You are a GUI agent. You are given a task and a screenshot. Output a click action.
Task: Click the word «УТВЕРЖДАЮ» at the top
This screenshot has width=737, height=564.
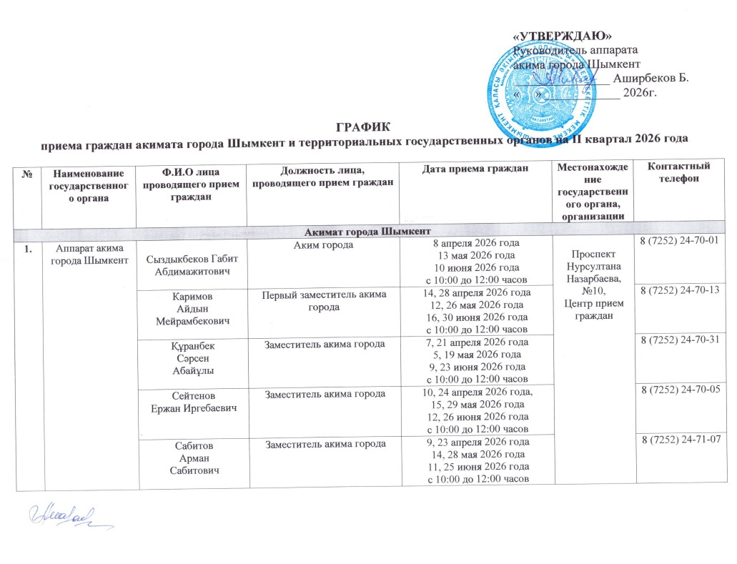(x=564, y=36)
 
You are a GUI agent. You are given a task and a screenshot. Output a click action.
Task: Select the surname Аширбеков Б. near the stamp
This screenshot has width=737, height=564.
(x=651, y=79)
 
